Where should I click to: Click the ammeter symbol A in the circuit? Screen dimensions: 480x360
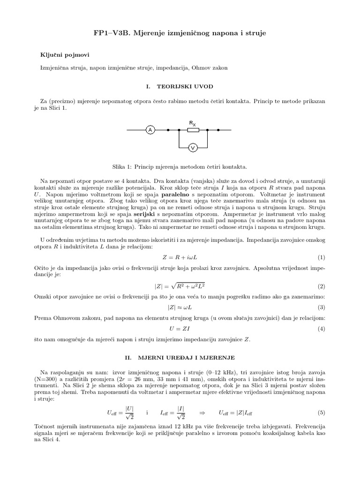click(x=150, y=130)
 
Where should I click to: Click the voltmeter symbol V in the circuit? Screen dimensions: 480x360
click(x=192, y=148)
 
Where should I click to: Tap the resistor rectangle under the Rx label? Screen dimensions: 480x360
click(x=193, y=130)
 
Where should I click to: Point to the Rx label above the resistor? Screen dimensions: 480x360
click(x=193, y=123)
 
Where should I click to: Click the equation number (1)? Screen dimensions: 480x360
click(x=321, y=257)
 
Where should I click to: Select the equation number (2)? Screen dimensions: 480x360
click(x=321, y=286)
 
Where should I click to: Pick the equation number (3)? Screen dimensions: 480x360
click(x=321, y=307)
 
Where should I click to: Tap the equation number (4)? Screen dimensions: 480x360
click(x=321, y=329)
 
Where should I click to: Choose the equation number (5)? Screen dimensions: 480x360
click(x=321, y=412)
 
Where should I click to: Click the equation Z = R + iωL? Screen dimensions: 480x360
click(x=180, y=257)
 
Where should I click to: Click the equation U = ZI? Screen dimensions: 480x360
click(x=180, y=329)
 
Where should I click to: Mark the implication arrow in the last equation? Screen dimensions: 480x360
click(x=202, y=412)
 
